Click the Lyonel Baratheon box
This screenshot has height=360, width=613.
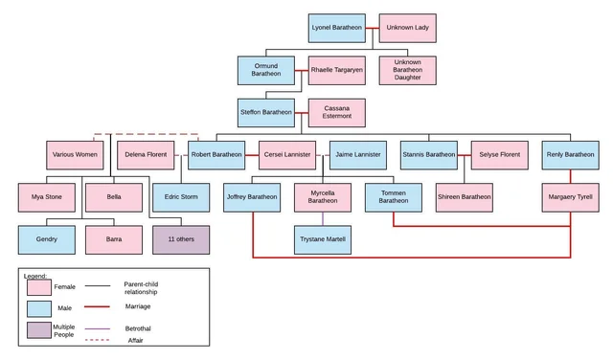tap(336, 28)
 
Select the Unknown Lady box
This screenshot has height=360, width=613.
tap(407, 28)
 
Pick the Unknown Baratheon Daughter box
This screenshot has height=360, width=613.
tap(407, 70)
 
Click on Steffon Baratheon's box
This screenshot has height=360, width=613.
tap(265, 112)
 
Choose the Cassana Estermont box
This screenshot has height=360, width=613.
tap(336, 112)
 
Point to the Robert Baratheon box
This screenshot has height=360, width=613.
tap(216, 154)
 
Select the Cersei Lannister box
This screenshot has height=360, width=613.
tap(286, 154)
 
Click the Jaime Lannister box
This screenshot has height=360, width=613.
tap(357, 154)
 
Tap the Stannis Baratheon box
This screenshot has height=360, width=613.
tap(428, 154)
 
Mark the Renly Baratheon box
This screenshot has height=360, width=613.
tap(570, 154)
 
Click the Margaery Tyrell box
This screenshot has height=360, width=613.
tap(570, 197)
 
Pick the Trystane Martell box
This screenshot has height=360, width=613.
tap(322, 239)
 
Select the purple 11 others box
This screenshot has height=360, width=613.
tap(181, 239)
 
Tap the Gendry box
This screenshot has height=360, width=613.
tap(46, 239)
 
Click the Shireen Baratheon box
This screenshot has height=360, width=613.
tap(464, 197)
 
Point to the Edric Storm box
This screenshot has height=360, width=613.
tap(181, 197)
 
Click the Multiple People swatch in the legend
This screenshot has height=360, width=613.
tap(39, 330)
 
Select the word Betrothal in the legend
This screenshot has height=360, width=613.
tap(138, 328)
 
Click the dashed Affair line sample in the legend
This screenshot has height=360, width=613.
tap(98, 340)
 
